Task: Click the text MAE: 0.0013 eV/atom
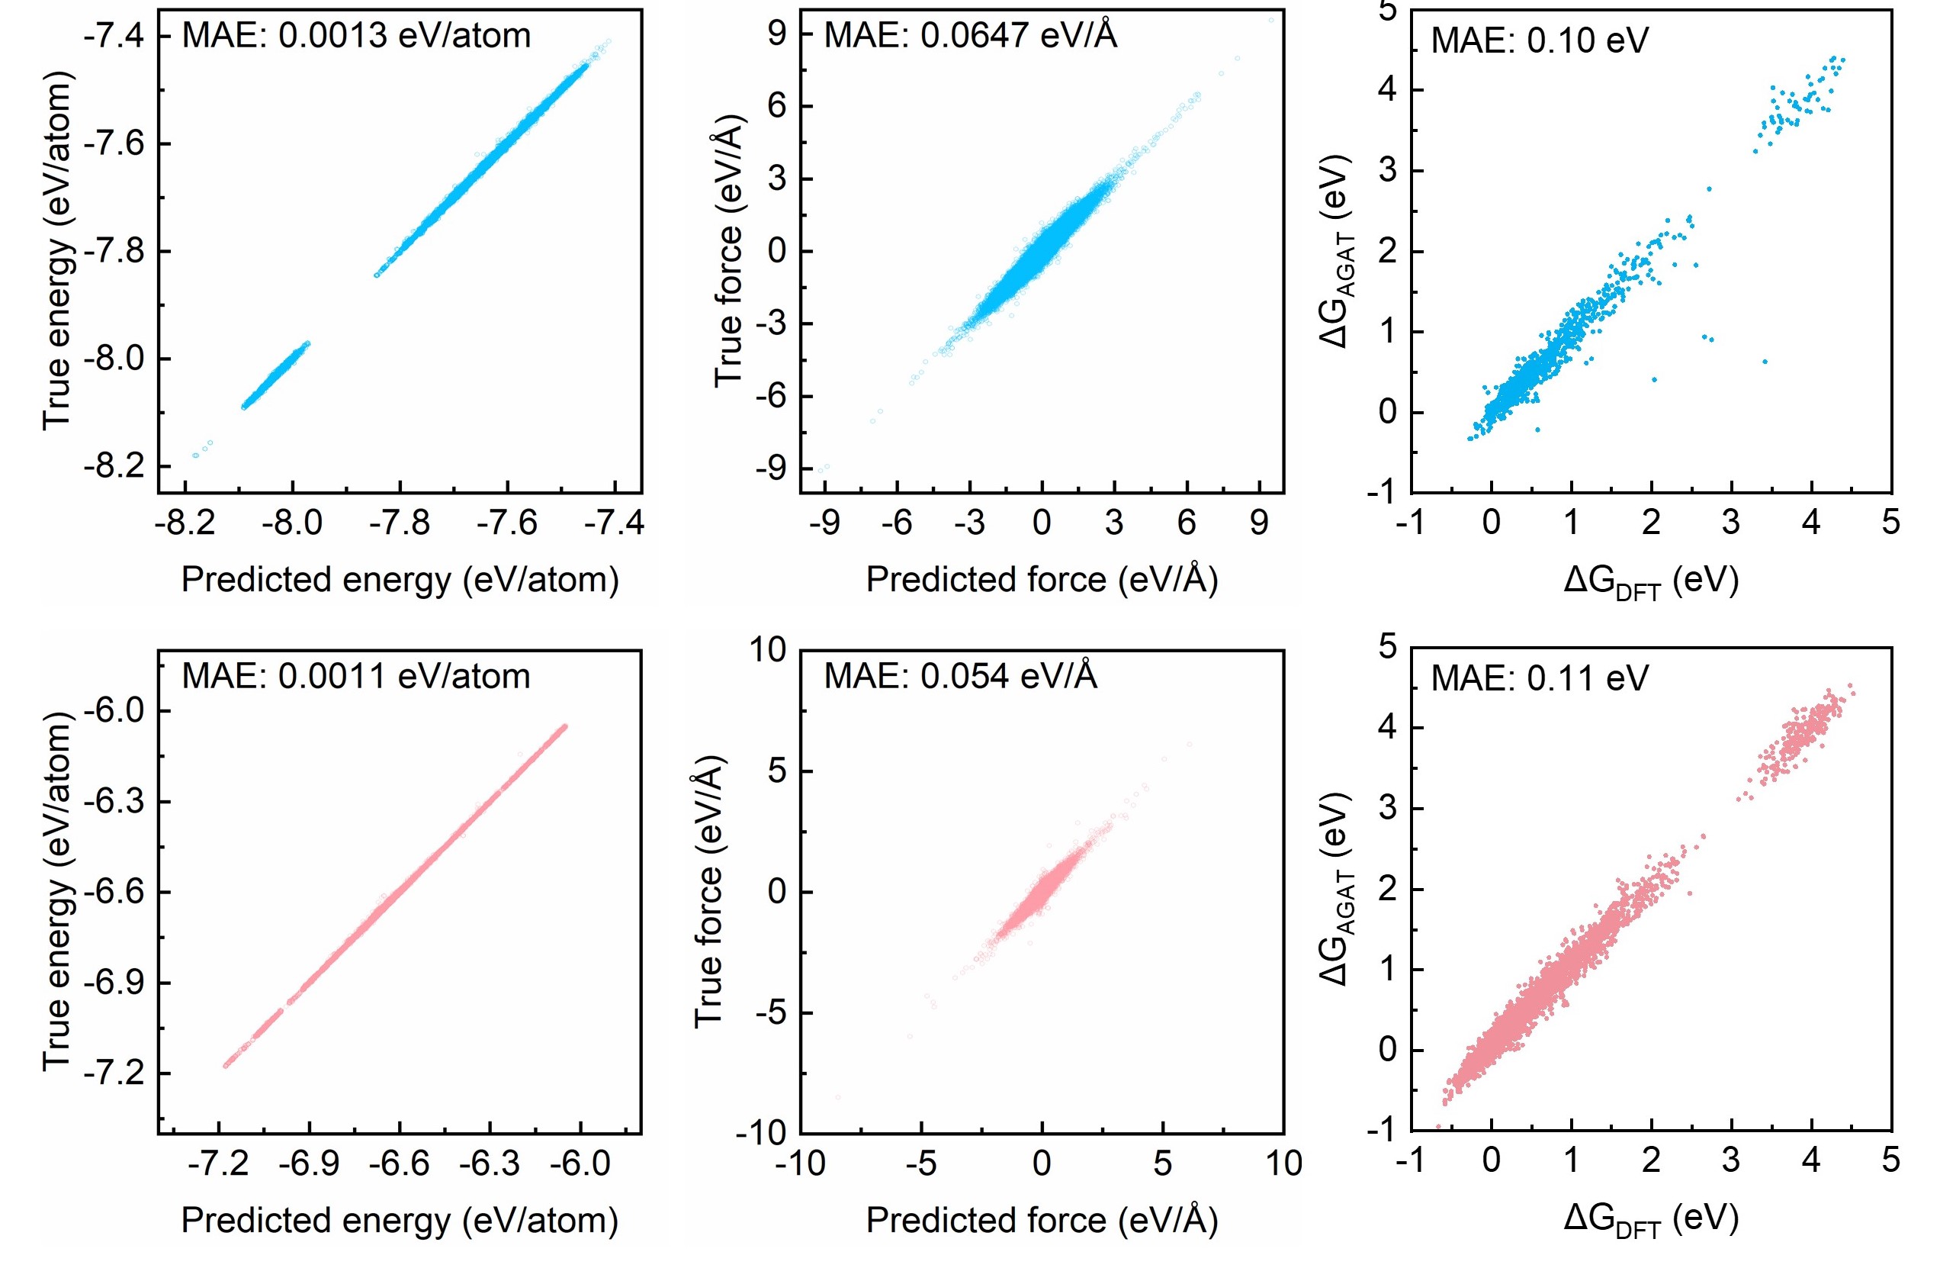point(356,36)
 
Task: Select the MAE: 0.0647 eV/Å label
point(970,36)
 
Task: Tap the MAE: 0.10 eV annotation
point(1540,41)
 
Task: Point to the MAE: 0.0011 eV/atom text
point(356,677)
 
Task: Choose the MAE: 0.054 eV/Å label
point(960,677)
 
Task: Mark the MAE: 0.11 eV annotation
point(1540,679)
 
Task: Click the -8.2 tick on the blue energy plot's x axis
point(186,523)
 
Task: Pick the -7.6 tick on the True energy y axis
point(114,144)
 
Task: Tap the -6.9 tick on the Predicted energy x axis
point(309,1163)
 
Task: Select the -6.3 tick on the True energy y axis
point(114,802)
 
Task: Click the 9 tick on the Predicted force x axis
point(1259,523)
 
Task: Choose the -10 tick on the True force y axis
point(761,1133)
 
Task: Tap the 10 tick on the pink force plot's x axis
point(1283,1163)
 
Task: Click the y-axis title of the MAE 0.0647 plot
point(729,251)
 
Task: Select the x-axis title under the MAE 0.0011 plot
point(400,1220)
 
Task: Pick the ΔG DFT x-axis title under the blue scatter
point(1650,581)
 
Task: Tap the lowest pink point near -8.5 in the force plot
point(838,1097)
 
